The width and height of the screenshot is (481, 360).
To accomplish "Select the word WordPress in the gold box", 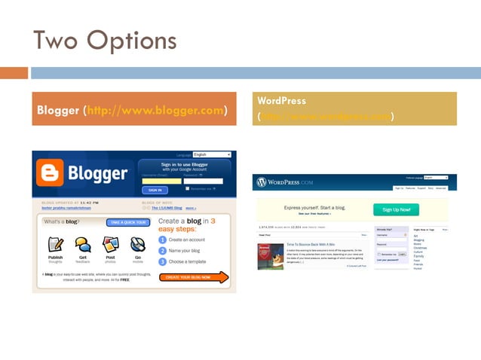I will coord(281,100).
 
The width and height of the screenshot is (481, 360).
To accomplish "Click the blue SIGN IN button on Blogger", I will coord(154,190).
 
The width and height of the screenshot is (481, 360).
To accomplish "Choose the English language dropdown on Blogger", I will coord(212,155).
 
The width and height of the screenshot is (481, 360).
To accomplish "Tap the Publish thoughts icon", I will coord(56,244).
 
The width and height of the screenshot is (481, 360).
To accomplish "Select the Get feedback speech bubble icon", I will coord(83,244).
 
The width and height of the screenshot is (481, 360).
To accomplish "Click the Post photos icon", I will coord(110,244).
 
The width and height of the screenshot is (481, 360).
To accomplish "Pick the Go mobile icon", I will coord(137,244).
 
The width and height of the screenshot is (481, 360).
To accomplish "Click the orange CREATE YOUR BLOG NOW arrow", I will coord(194,278).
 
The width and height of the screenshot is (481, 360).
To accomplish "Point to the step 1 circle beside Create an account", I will coord(163,240).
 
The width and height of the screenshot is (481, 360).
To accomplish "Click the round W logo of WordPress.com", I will coord(262,182).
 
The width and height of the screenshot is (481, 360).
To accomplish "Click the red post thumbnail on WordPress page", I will coord(265,255).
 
